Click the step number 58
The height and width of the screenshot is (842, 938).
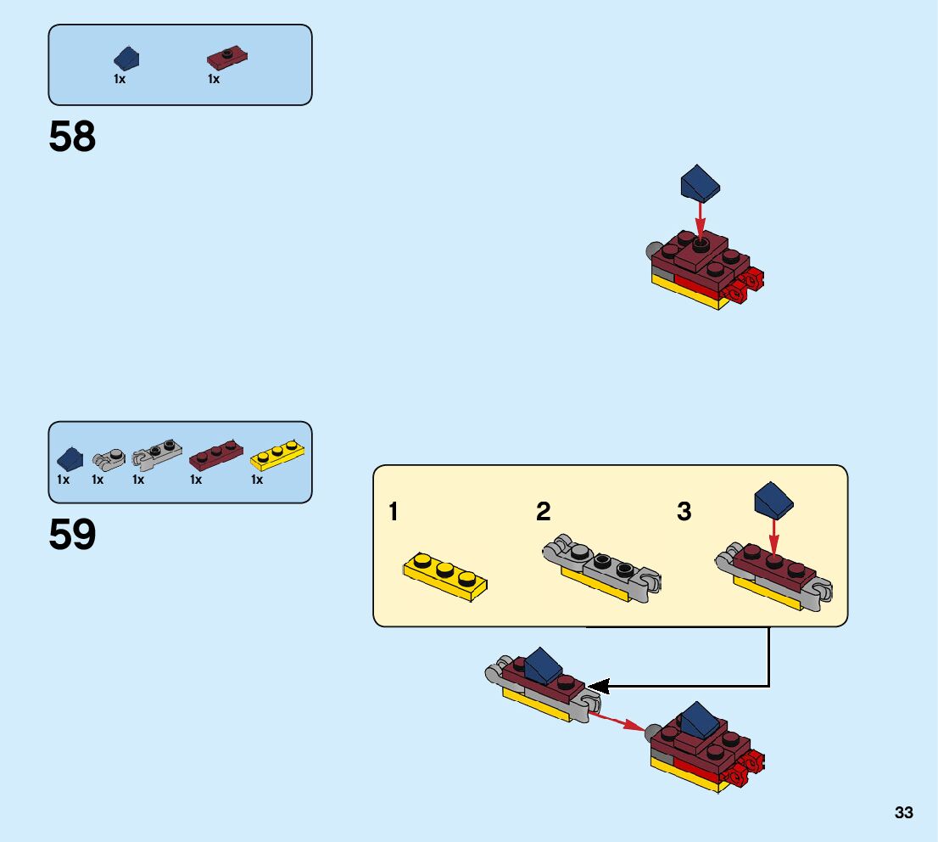pos(72,137)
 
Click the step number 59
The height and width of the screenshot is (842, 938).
pos(72,535)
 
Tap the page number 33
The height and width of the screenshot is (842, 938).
pos(903,813)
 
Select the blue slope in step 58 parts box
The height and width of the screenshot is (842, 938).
pos(127,58)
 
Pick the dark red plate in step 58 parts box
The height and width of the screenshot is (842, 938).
pos(227,59)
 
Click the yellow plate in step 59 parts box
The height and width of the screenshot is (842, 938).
pos(278,456)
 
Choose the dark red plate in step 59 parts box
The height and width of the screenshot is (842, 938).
pos(215,456)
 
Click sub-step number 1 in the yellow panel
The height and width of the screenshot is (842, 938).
pos(393,512)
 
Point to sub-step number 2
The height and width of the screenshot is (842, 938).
pos(543,512)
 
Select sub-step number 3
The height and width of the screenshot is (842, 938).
pos(684,512)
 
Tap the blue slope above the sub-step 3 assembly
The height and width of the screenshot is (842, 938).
pos(773,500)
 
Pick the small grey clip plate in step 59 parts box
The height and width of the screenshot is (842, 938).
pos(109,459)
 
